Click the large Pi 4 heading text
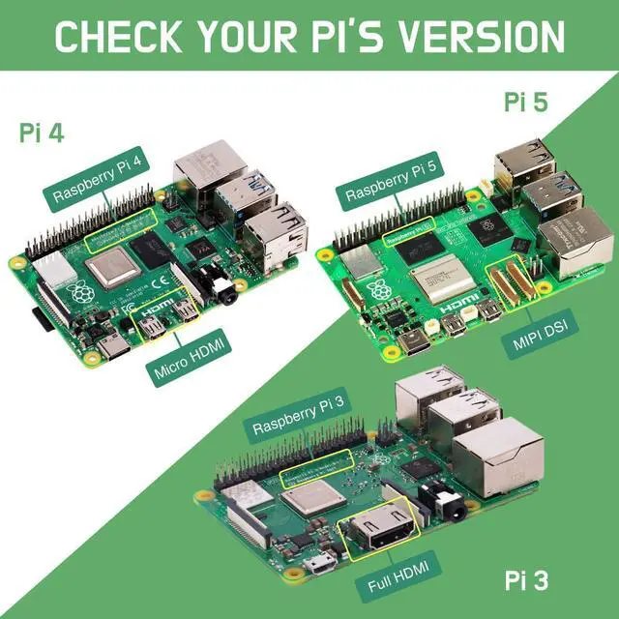[x=42, y=133]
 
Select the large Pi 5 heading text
[x=526, y=102]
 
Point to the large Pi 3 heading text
[x=526, y=580]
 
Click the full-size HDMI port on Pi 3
[x=374, y=534]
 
